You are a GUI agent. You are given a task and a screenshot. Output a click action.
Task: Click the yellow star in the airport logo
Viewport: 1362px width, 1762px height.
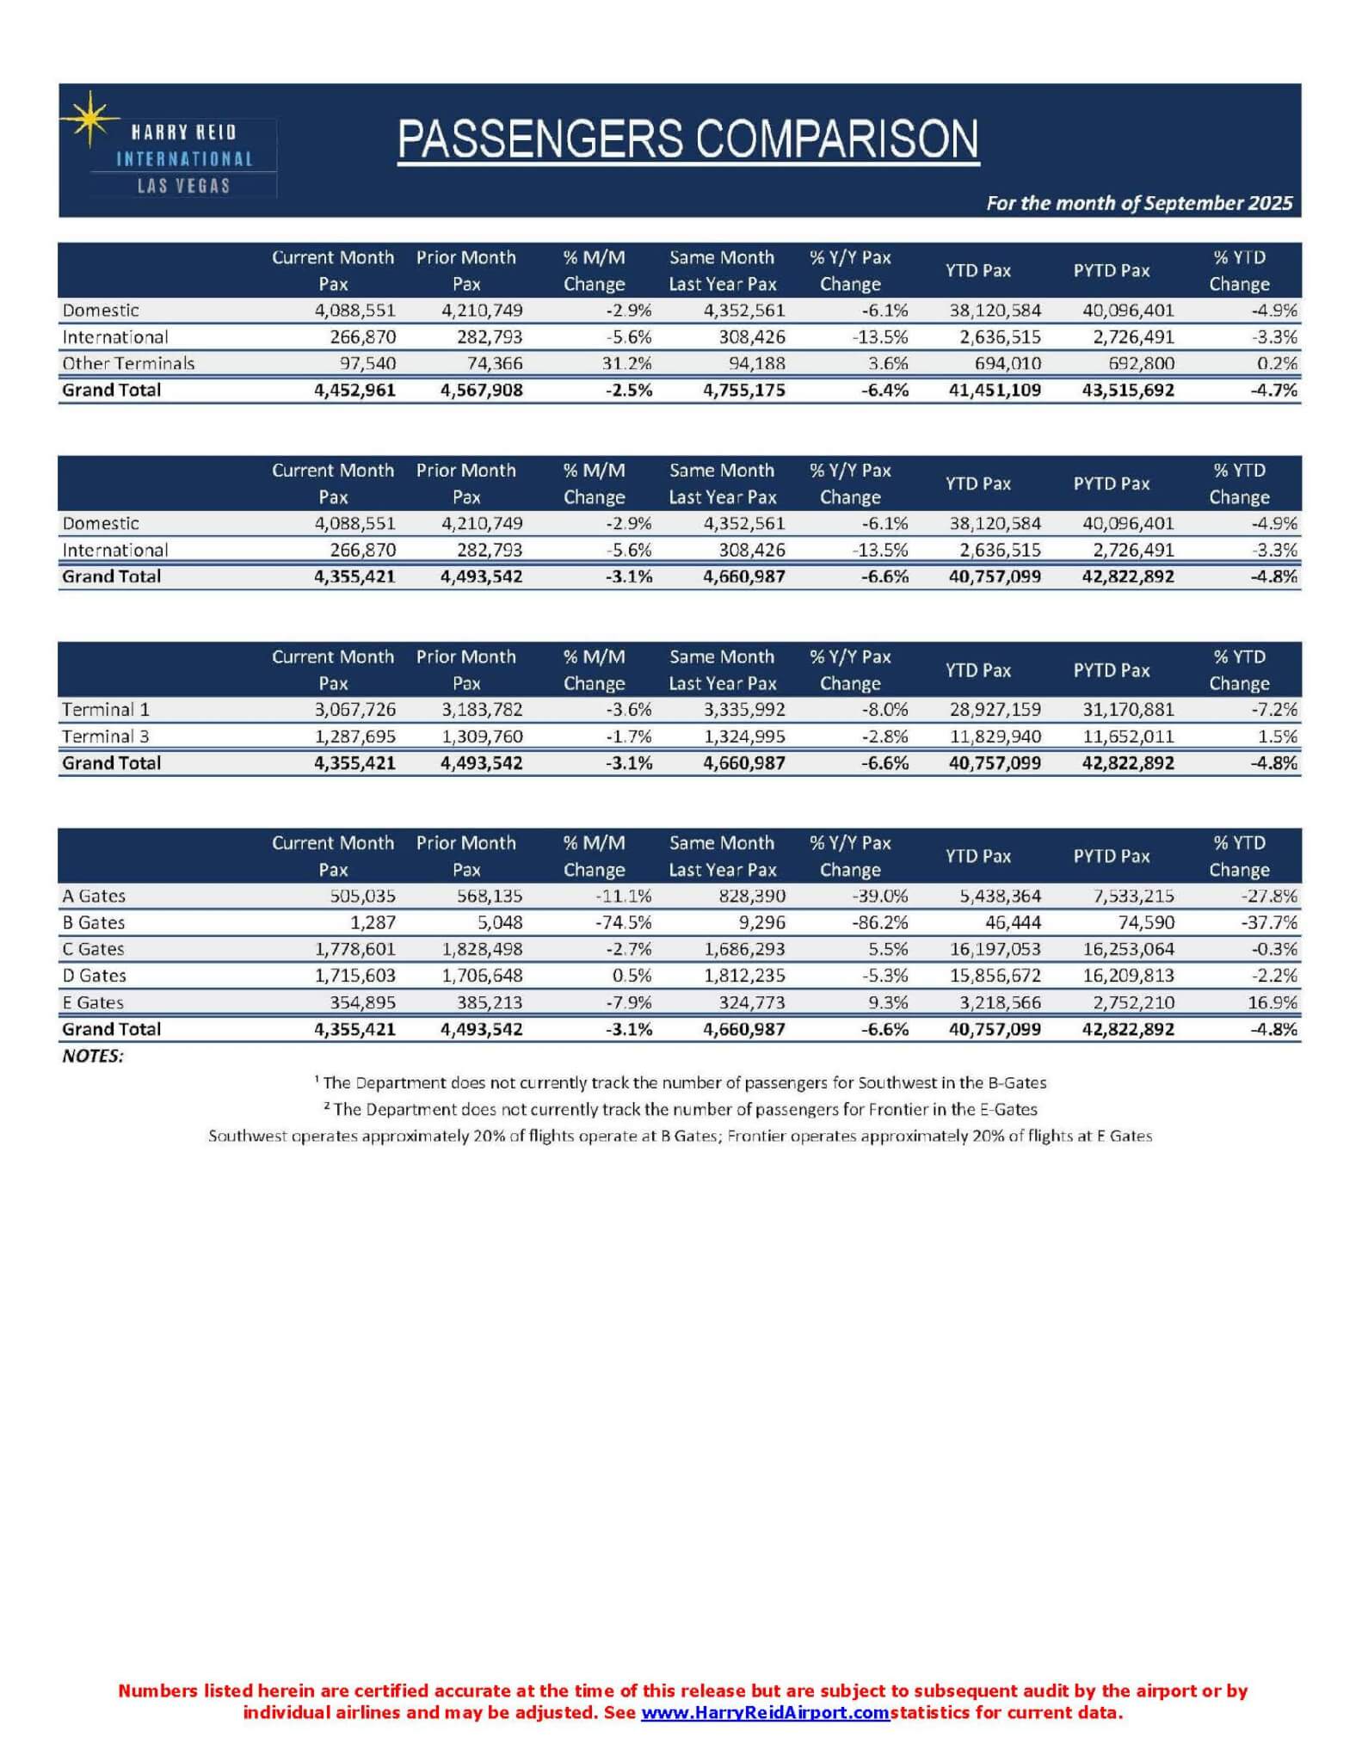(x=89, y=120)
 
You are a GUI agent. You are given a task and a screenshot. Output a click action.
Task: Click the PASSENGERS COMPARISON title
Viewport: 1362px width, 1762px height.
(x=688, y=139)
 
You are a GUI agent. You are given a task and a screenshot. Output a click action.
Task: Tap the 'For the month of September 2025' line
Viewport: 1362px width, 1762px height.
(x=1138, y=203)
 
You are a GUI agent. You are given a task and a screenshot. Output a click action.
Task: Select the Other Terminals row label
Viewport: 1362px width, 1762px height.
(x=128, y=363)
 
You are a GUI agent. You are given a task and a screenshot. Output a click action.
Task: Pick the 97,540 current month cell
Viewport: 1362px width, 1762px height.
(x=367, y=363)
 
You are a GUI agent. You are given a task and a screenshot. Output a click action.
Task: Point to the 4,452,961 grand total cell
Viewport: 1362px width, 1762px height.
(x=354, y=390)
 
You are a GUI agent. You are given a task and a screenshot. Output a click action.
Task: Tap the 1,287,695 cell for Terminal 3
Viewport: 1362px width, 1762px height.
(x=354, y=736)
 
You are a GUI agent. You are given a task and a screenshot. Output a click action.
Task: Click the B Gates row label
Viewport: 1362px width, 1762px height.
(x=94, y=922)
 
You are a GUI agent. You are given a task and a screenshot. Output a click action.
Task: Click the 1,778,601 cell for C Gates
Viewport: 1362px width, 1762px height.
(x=354, y=949)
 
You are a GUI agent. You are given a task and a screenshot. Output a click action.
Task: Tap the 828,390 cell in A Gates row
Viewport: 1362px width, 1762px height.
(x=751, y=896)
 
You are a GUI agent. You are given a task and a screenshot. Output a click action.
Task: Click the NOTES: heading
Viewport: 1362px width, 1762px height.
(x=93, y=1056)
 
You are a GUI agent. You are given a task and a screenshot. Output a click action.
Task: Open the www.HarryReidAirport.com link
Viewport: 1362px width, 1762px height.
(x=765, y=1712)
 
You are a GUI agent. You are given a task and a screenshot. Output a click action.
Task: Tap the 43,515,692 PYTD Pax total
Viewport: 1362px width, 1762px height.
(x=1127, y=390)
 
